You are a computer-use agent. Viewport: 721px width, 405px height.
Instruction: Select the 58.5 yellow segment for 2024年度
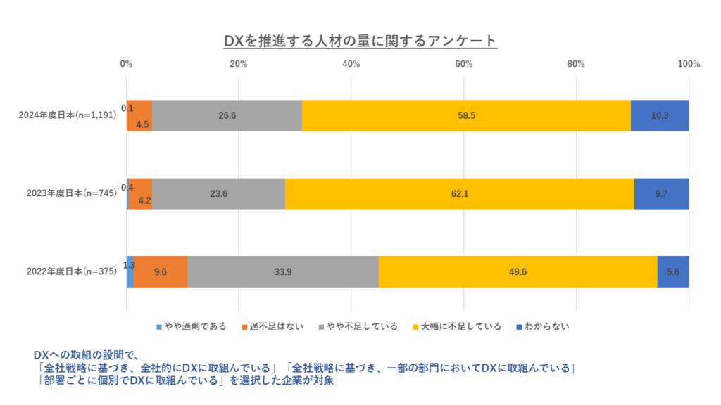tap(466, 115)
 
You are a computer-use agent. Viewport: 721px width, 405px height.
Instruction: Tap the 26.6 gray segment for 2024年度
tap(227, 115)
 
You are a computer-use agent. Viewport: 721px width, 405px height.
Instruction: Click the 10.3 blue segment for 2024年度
tap(660, 115)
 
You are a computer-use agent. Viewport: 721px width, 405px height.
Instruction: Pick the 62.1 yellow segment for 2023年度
tap(459, 193)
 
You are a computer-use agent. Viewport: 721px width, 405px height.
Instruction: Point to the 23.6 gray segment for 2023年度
tap(218, 193)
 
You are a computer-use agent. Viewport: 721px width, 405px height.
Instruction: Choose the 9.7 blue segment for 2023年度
tap(661, 193)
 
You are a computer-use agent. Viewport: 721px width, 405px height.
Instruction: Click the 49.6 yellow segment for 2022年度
tap(518, 271)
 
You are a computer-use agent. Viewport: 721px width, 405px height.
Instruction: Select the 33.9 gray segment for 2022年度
tap(282, 271)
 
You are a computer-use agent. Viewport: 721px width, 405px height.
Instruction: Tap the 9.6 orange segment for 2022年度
tap(161, 271)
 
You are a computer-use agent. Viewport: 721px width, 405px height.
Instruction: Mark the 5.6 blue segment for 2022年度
tap(673, 271)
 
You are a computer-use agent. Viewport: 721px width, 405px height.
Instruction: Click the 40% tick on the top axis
tap(351, 64)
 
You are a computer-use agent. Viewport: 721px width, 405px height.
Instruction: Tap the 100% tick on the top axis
tap(688, 64)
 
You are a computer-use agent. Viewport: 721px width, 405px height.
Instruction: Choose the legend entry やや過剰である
tap(191, 326)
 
